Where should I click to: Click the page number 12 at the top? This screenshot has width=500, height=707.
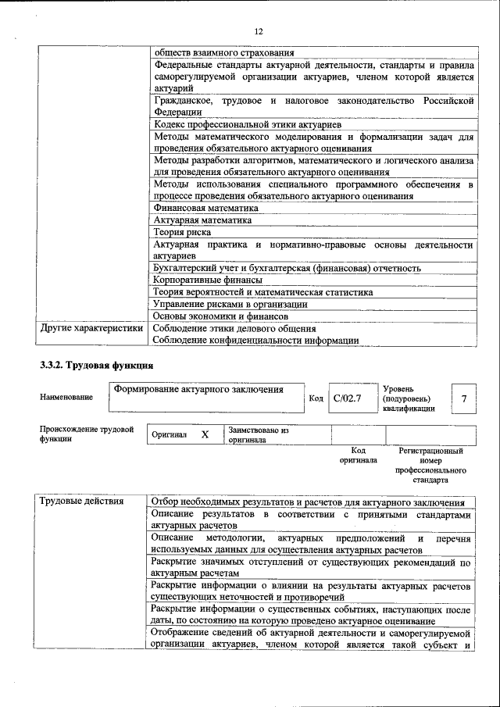pyautogui.click(x=259, y=31)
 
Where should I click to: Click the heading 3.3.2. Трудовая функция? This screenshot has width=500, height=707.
pyautogui.click(x=97, y=366)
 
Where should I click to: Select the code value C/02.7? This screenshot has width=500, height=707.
pyautogui.click(x=347, y=398)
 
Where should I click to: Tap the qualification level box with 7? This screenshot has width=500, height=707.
pyautogui.click(x=464, y=399)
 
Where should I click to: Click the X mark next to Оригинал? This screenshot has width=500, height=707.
pyautogui.click(x=205, y=434)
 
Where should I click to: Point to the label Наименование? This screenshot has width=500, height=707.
pyautogui.click(x=66, y=398)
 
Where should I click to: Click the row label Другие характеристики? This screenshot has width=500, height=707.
pyautogui.click(x=92, y=329)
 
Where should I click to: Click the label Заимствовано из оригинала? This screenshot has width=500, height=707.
pyautogui.click(x=259, y=434)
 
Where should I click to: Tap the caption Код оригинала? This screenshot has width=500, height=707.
pyautogui.click(x=358, y=455)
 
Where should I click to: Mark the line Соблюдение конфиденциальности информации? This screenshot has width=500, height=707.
pyautogui.click(x=255, y=340)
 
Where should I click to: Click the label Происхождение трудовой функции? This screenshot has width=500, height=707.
pyautogui.click(x=87, y=434)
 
